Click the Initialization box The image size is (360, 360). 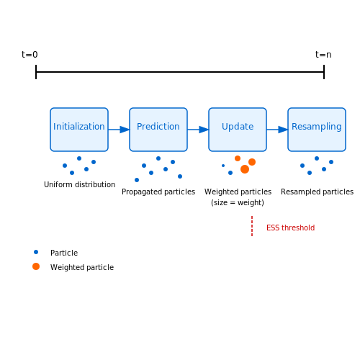[x=79, y=130]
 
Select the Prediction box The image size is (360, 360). [x=158, y=130]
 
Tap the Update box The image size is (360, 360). [x=238, y=130]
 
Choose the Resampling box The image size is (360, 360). [x=317, y=130]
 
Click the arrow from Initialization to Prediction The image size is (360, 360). [x=119, y=130]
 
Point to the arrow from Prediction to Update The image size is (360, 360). [x=198, y=130]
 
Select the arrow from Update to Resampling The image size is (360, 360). [x=277, y=130]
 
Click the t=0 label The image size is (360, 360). [x=30, y=55]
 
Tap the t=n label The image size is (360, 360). [x=323, y=55]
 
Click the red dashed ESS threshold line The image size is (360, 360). [x=252, y=226]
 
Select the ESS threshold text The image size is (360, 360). [x=290, y=228]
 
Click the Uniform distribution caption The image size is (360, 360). [x=80, y=184]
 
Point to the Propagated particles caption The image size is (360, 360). [x=158, y=192]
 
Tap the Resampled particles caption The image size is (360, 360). [x=317, y=192]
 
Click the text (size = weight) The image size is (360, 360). [x=238, y=202]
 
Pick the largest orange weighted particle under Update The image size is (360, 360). [x=245, y=169]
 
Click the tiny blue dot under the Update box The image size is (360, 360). [x=223, y=166]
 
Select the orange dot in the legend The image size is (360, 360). [x=36, y=266]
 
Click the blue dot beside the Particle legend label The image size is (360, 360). [x=36, y=252]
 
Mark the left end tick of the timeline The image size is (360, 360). [x=36, y=72]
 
